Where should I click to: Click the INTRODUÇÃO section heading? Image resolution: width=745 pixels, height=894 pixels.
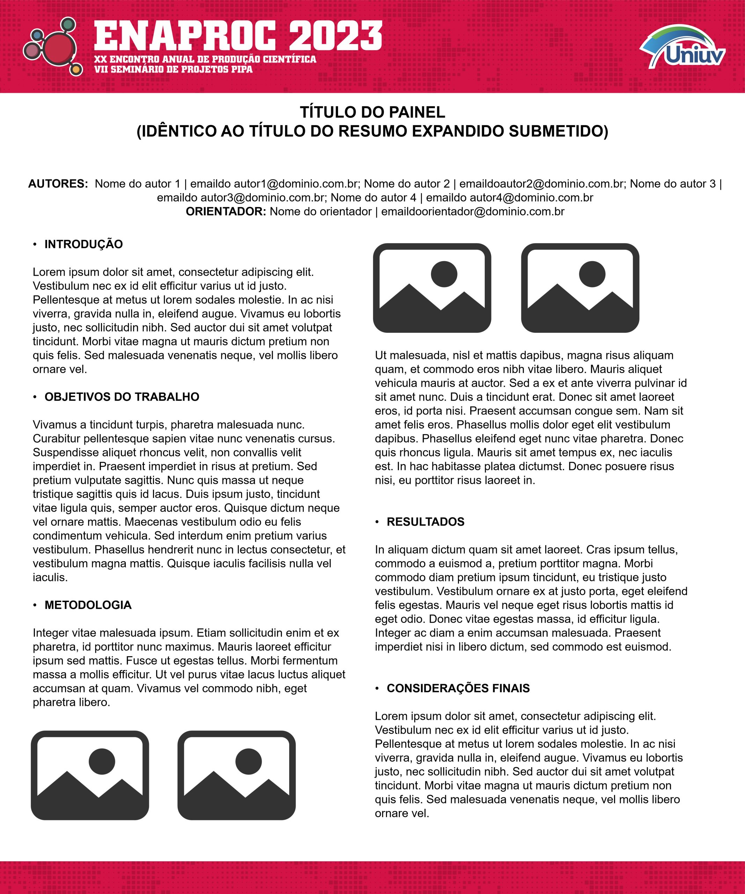[83, 244]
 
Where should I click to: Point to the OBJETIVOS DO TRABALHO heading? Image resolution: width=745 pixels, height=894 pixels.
[122, 397]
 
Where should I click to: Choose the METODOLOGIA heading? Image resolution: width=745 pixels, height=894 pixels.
[88, 605]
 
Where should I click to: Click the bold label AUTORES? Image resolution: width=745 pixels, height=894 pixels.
[58, 184]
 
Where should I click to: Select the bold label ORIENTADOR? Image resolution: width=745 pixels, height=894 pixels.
[226, 212]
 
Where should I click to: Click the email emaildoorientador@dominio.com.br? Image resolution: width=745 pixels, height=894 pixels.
[473, 212]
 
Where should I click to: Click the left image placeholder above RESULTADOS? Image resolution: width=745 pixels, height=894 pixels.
[432, 288]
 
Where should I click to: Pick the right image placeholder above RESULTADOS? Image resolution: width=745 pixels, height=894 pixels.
[580, 288]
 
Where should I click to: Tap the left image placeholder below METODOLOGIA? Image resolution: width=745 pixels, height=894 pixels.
[90, 776]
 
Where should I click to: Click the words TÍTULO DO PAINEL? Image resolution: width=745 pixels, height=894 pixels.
[372, 112]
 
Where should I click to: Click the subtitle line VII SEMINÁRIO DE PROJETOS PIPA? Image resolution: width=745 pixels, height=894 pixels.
[173, 69]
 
